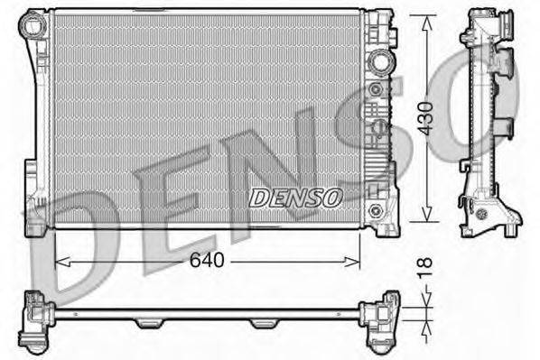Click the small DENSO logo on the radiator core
point(295,195)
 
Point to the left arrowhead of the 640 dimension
point(60,262)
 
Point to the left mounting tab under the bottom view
point(148,323)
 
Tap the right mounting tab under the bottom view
point(262,323)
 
